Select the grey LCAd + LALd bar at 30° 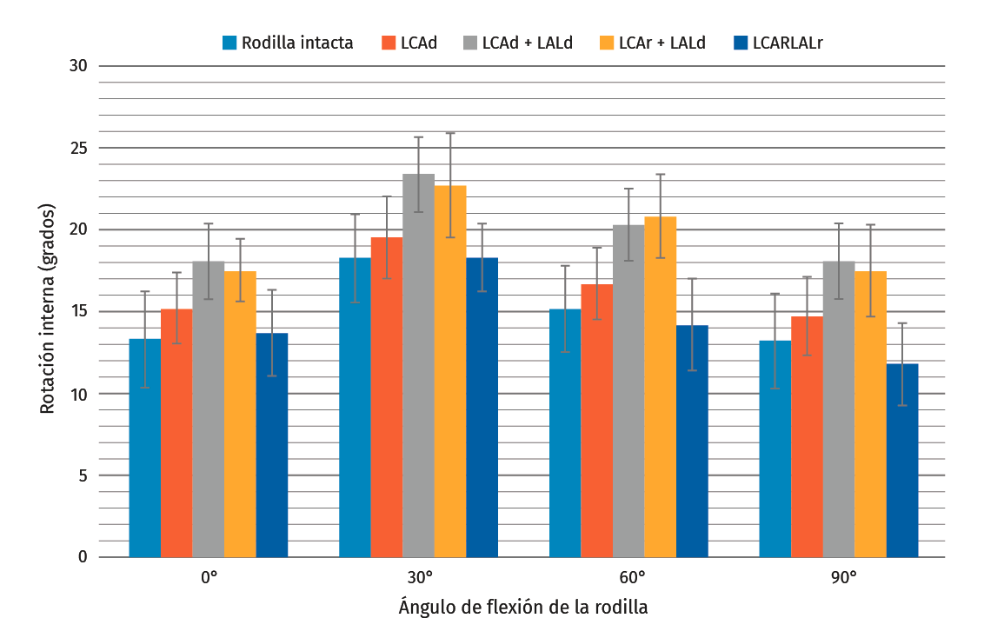418,365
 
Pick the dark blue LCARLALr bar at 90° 902,461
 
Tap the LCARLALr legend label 788,42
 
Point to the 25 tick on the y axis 80,148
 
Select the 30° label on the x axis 418,577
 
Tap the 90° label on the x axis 839,577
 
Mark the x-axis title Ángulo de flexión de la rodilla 522,607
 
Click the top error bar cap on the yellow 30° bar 450,133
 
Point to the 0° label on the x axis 209,577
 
